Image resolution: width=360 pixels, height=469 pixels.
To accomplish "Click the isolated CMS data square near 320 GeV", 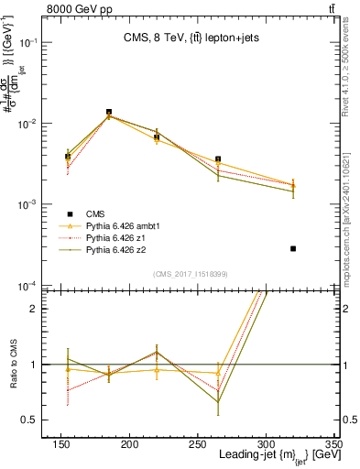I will (293, 248).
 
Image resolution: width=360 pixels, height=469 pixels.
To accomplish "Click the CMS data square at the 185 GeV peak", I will (109, 113).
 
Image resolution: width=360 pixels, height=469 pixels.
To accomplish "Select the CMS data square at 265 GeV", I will (218, 159).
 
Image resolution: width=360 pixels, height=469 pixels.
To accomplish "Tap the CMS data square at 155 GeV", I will (68, 157).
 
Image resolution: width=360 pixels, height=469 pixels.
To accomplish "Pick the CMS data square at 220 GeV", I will (157, 136).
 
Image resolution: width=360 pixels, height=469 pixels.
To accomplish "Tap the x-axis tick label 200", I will (129, 444).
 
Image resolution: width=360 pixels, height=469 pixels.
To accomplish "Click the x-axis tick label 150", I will (61, 444).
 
